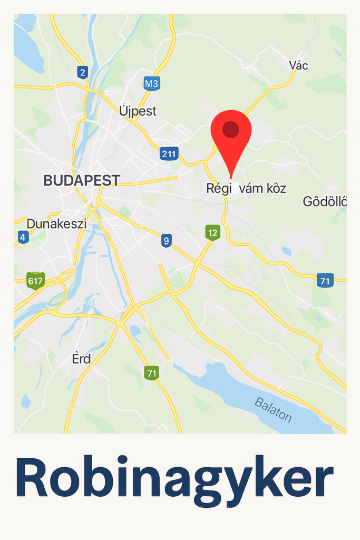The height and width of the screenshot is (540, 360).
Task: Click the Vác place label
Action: point(299,65)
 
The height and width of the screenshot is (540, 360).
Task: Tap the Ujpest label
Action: point(138,111)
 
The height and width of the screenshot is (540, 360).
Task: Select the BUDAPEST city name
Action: point(82,180)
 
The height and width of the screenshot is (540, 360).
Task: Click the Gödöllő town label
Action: point(324,201)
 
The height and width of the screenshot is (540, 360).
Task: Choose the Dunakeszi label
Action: point(56,224)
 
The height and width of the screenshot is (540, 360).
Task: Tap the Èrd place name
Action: point(81,359)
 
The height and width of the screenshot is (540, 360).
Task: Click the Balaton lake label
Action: point(273,409)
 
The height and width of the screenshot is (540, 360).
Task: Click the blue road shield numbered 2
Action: point(82,72)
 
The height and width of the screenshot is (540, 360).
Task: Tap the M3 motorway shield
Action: point(152,83)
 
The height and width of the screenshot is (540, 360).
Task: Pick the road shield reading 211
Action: point(169,154)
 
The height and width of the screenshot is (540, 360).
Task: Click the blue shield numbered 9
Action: point(167,241)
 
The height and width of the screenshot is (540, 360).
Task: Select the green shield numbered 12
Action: point(212,233)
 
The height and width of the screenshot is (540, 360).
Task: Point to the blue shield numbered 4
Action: point(22,237)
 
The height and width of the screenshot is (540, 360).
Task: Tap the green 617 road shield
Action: point(35,281)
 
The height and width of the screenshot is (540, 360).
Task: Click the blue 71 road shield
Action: point(325,281)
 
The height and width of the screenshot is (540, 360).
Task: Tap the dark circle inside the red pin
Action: point(231,129)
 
